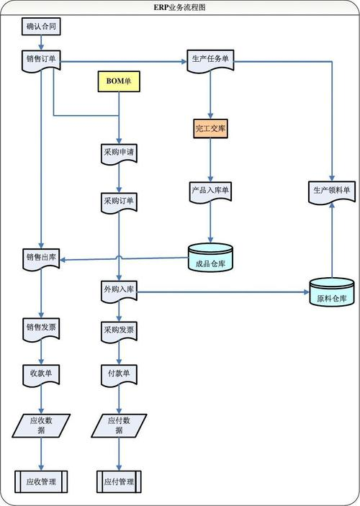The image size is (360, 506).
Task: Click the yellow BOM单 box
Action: coord(119,81)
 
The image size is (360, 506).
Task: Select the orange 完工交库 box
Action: coord(210,128)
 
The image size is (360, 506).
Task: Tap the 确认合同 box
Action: coord(41,27)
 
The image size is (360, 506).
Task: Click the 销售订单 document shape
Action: coord(41,60)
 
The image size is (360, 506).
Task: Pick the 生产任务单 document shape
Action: coord(210,60)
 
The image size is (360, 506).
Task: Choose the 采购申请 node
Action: coord(119,154)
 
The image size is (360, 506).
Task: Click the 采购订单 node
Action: coord(119,203)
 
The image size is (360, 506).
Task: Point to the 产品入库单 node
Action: coord(210,192)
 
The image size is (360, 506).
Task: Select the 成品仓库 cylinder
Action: coord(210,257)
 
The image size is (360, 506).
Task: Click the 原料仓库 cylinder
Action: coord(332,292)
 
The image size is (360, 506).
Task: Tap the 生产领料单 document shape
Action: coord(332,193)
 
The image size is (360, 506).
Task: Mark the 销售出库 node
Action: coord(41,259)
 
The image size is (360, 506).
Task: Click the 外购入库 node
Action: coord(119,292)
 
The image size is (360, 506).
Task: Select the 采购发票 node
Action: coord(119,332)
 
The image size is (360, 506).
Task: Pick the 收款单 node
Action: coord(41,376)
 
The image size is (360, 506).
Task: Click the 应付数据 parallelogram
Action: coord(119,425)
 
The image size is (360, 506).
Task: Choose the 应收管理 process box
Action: coord(41,482)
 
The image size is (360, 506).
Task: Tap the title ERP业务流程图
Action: coord(179,7)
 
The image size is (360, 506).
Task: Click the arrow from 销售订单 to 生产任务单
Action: coord(124,61)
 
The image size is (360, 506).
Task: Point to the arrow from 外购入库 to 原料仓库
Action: coord(223,292)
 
